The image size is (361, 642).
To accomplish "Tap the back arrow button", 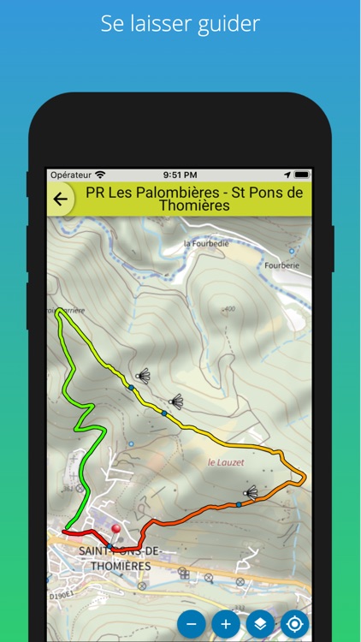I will (60, 199).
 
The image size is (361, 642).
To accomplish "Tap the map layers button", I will (260, 624).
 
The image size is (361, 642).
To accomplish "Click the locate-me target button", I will (295, 624).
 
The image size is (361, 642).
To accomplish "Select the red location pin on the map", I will (116, 531).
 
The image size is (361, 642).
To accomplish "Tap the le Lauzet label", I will (226, 462).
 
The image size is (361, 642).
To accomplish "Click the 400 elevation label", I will (228, 309).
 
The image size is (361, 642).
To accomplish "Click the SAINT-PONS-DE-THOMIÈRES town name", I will (115, 558).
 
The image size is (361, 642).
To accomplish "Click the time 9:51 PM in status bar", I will (180, 175).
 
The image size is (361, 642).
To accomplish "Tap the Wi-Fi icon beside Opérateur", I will (101, 175).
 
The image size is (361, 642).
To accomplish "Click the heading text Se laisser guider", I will (180, 24).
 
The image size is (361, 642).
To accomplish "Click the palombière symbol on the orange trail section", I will (250, 492).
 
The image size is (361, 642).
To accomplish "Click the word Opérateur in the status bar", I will (71, 175).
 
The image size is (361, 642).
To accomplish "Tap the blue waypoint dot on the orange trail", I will (239, 504).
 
